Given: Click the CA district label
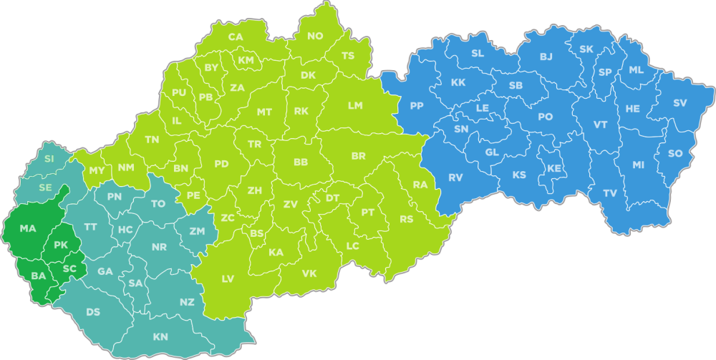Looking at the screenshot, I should tap(235, 37).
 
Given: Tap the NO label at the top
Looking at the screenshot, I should tap(315, 37).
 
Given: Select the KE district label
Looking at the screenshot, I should tap(554, 169).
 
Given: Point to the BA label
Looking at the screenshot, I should tap(38, 276).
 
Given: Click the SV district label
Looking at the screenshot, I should tap(679, 103).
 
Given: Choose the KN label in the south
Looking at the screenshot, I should tap(161, 336).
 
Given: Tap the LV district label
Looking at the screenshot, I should tap(228, 278).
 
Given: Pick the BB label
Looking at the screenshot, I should tap(301, 163).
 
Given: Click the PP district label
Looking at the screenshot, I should tap(417, 106).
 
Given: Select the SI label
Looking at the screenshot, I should tap(49, 158).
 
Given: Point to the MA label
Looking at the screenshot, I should tap(28, 229).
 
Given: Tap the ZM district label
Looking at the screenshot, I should tap(197, 231).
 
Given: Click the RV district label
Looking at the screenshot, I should tap(456, 177).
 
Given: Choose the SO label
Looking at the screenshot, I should tap(675, 154).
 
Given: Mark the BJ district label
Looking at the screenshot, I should tap(546, 57).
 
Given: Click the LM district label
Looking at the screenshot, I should tap(355, 105).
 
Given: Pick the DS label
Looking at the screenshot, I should tap(93, 312).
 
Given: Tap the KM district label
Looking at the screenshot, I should tap(246, 60).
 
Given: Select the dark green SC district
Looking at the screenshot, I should tap(69, 269).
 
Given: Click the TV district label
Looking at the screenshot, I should tap(609, 193).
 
